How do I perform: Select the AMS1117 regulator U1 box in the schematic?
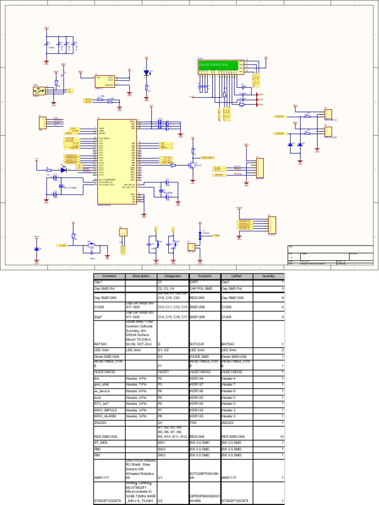[104, 81]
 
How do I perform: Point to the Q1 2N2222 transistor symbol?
[191, 165]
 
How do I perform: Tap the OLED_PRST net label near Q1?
[208, 158]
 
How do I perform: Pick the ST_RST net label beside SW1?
[63, 245]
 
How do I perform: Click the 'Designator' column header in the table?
[172, 276]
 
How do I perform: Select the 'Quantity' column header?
[268, 276]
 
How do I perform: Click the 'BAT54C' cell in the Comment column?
[101, 344]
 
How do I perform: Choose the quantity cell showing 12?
[282, 436]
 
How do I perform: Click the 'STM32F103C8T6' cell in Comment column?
[108, 501]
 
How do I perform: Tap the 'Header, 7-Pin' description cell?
[136, 384]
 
